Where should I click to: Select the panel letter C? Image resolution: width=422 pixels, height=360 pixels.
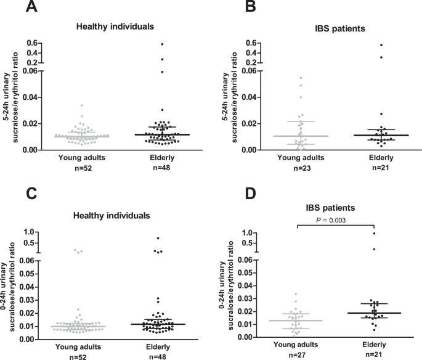[13, 195]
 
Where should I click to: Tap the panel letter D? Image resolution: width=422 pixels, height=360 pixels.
[235, 195]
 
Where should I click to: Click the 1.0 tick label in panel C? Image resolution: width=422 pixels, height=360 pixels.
[26, 232]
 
